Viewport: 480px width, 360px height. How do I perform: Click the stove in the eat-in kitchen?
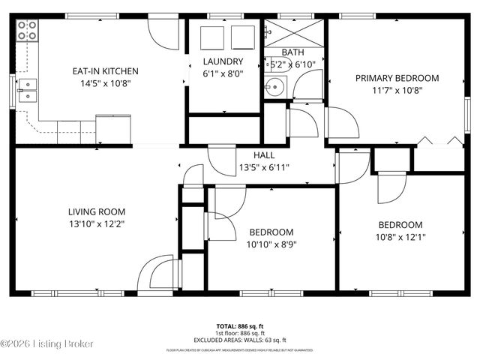pyautogui.click(x=27, y=30)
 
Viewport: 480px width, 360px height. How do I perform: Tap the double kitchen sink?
pyautogui.click(x=27, y=90)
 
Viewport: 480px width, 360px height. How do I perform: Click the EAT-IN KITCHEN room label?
pyautogui.click(x=105, y=71)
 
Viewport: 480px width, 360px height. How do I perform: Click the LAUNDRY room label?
pyautogui.click(x=223, y=61)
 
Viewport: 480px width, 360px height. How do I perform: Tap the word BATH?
pyautogui.click(x=292, y=52)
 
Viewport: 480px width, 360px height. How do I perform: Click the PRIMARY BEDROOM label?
pyautogui.click(x=397, y=78)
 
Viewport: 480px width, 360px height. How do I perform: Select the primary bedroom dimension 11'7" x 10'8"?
pyautogui.click(x=397, y=90)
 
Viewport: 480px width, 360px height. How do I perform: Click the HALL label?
pyautogui.click(x=263, y=154)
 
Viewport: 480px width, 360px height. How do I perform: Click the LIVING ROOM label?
pyautogui.click(x=96, y=211)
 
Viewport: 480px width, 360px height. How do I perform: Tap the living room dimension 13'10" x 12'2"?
pyautogui.click(x=96, y=223)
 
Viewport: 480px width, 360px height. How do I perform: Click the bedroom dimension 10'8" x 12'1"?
pyautogui.click(x=400, y=237)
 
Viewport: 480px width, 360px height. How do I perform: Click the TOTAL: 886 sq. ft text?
pyautogui.click(x=240, y=326)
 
